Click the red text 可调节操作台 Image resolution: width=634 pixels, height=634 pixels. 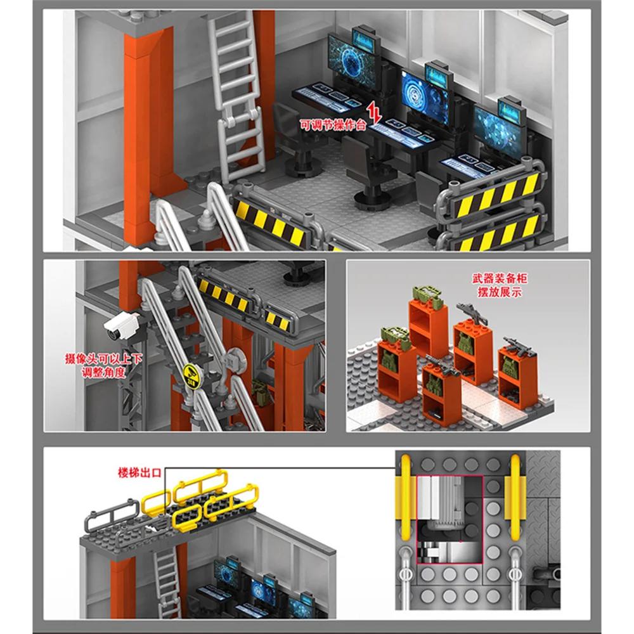pos(333,126)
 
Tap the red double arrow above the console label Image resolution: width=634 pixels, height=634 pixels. pos(375,115)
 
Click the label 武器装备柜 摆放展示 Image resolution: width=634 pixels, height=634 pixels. pos(499,285)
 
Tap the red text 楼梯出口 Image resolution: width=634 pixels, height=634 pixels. pos(140,473)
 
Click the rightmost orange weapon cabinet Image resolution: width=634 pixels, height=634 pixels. pos(517,374)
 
